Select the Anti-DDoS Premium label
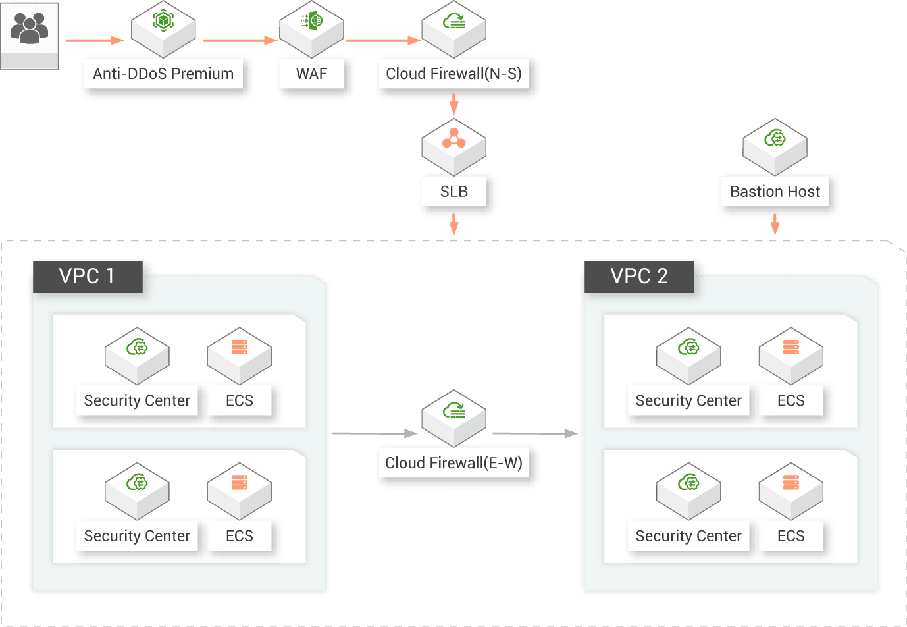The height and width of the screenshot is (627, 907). coord(163,74)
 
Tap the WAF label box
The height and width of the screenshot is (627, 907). coord(311,74)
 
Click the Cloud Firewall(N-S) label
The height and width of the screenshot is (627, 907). coord(453,74)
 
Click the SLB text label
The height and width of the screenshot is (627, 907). coord(453,192)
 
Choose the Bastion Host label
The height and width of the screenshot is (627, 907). coord(775,192)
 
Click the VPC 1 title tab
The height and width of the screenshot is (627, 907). coord(87,276)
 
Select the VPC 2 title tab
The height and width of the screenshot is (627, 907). coord(638,276)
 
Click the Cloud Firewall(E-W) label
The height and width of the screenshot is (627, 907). coord(453,463)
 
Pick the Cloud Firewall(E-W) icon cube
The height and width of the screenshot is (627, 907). coord(453,416)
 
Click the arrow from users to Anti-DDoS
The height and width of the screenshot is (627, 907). coord(95,40)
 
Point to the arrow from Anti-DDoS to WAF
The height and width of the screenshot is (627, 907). coord(240,40)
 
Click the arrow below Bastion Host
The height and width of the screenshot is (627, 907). coord(775,225)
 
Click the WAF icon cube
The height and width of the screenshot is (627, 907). coord(311,28)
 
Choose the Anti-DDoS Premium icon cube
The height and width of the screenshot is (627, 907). coord(163,28)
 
